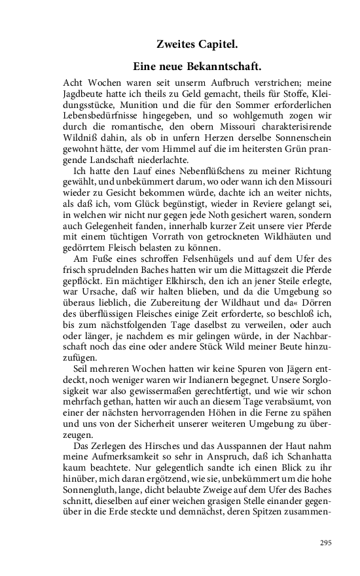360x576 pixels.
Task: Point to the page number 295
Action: [326, 542]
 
